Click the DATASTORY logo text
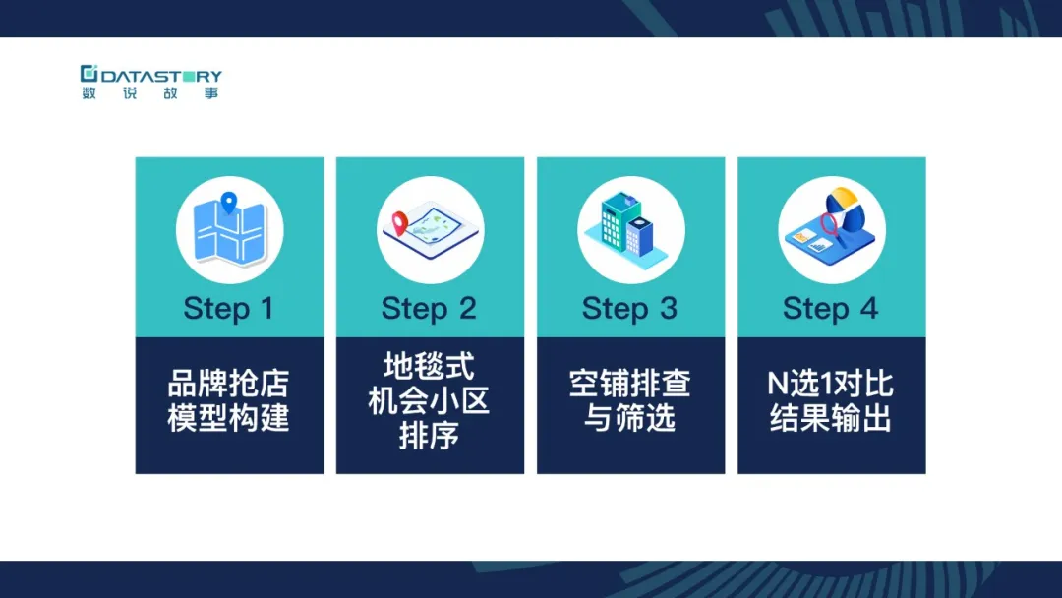click(161, 75)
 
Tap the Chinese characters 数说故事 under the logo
click(150, 92)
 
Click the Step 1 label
click(229, 309)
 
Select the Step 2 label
click(430, 309)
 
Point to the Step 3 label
click(630, 309)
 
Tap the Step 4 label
click(831, 309)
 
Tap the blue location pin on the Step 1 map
click(229, 203)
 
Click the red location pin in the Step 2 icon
click(400, 223)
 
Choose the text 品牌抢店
click(229, 384)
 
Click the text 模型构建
click(229, 417)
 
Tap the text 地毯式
click(430, 367)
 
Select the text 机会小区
click(430, 400)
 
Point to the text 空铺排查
click(630, 384)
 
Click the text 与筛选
click(630, 417)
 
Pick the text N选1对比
click(831, 384)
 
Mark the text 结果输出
click(831, 417)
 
